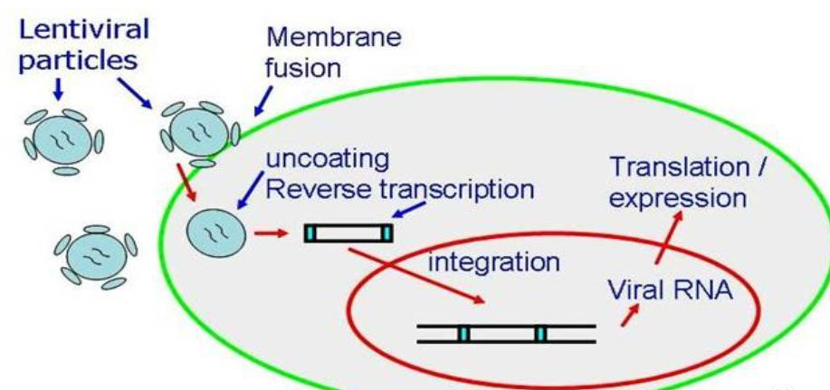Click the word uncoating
327,159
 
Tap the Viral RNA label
671,292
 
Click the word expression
677,197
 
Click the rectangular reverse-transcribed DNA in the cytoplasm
348,233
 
